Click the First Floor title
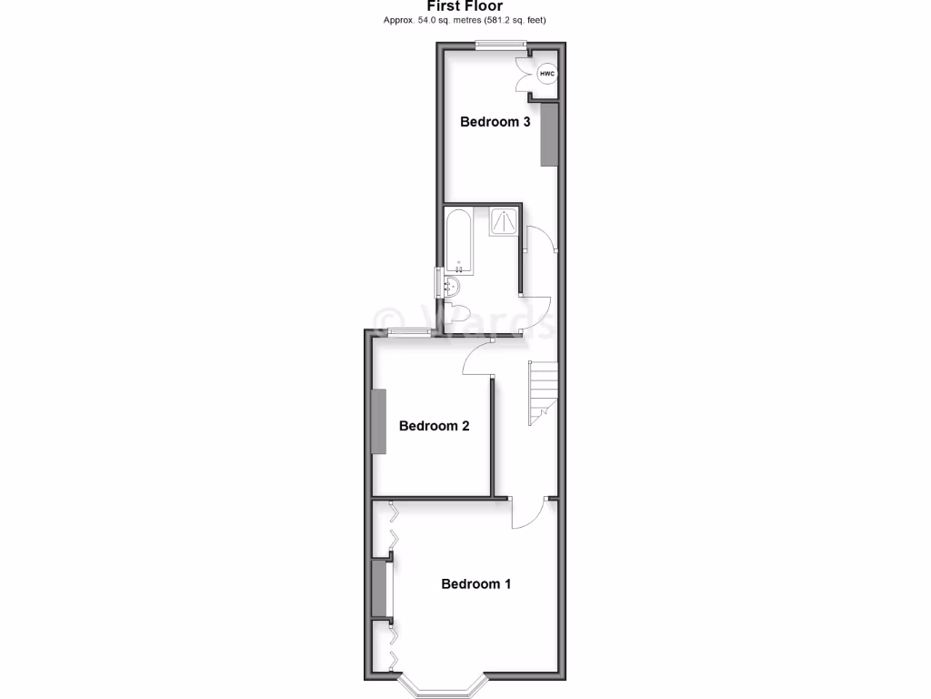click(x=465, y=5)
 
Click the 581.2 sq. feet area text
click(x=516, y=19)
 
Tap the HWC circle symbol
click(x=546, y=74)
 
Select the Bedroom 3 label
click(x=495, y=122)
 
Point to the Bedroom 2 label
click(x=434, y=426)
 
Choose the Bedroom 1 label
click(x=476, y=584)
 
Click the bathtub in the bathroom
click(x=458, y=241)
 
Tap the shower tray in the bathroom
click(x=505, y=222)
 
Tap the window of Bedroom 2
click(x=406, y=331)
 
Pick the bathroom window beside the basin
click(x=439, y=283)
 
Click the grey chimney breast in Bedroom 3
click(x=548, y=135)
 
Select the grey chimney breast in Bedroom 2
click(x=378, y=421)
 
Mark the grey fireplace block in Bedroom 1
click(x=378, y=591)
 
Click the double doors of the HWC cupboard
click(x=527, y=74)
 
